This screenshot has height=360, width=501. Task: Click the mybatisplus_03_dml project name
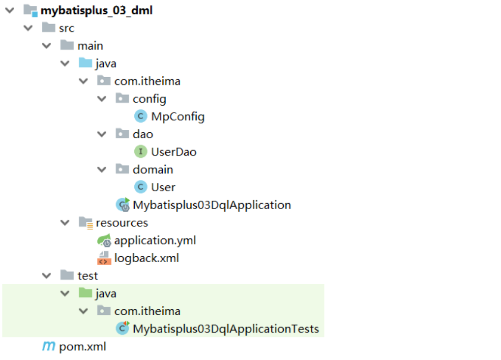coord(96,10)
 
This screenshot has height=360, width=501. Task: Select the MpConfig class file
coord(177,117)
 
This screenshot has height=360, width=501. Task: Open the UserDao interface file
coord(174,152)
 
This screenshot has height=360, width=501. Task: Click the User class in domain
coord(163,187)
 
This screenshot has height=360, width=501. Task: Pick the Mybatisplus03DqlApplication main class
coord(211,205)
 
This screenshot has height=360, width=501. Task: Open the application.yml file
coord(155,240)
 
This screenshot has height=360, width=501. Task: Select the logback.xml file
coord(147,258)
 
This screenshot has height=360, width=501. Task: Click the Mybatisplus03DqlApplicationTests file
coord(226,329)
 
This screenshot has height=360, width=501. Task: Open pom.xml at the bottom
coord(82,347)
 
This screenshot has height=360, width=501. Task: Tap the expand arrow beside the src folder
coord(28,28)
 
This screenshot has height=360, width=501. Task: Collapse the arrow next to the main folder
coord(46,46)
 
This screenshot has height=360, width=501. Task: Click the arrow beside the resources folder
coord(64,223)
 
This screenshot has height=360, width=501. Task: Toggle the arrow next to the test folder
coord(46,276)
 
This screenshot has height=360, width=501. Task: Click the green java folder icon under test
coord(85,294)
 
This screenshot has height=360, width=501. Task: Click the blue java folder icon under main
coord(85,63)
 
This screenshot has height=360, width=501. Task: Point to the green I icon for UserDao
coord(141,152)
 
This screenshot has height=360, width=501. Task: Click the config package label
coord(149,99)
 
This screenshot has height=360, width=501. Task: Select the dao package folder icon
coord(122,134)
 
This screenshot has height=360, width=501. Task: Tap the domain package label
coord(153,170)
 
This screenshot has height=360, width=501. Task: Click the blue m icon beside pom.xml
coord(49,347)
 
